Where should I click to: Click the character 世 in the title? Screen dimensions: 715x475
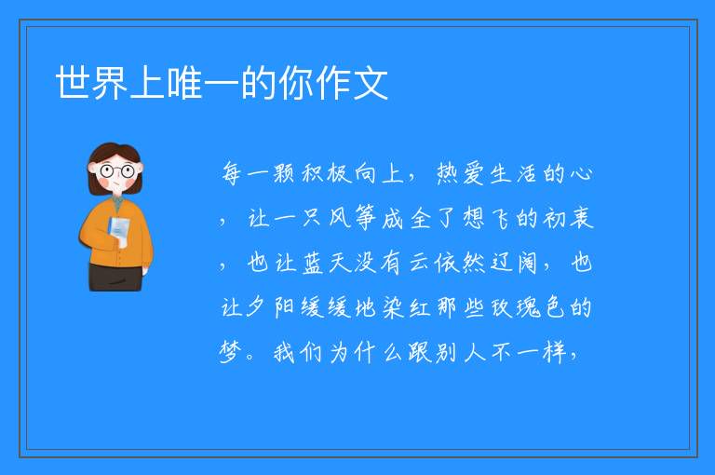pos(74,82)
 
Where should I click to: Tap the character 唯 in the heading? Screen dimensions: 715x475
pos(184,82)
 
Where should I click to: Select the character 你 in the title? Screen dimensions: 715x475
pos(296,82)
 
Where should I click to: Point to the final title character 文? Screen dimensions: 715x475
pos(371,82)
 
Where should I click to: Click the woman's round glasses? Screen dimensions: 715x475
pos(116,171)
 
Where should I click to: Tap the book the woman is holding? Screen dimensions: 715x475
pos(119,228)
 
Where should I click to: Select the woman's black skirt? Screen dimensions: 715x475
pos(115,278)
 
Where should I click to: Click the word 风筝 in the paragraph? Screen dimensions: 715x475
pos(353,218)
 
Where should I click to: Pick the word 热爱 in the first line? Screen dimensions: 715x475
pos(460,174)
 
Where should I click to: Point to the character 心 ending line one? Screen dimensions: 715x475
pos(581,174)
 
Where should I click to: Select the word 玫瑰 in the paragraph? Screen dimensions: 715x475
pos(515,307)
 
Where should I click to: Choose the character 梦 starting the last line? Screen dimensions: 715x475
pos(230,352)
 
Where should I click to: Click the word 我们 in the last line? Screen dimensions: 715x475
pos(297,352)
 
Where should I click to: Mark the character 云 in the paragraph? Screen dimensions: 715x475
pos(419,263)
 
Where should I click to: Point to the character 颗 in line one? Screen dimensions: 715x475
pos(284,174)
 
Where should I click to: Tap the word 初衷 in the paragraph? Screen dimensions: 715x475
pos(568,218)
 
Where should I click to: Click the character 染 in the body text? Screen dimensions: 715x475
pos(392,307)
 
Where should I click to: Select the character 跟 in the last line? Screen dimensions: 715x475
pos(419,352)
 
